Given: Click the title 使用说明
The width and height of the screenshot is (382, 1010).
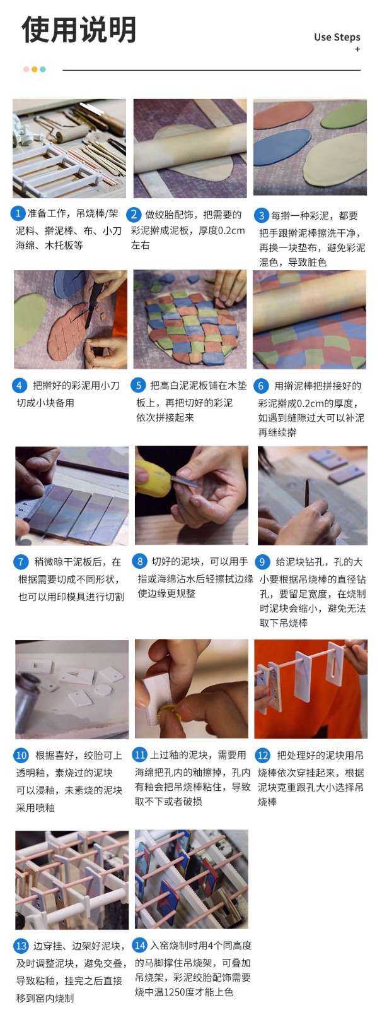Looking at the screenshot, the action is [79, 30].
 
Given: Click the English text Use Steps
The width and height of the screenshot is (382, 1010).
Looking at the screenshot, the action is [337, 37].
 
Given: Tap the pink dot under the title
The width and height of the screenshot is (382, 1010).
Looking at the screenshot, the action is [26, 69].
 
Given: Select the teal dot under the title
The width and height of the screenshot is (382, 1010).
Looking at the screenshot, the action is [43, 69].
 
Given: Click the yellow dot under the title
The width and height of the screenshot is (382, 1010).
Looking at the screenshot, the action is [35, 69].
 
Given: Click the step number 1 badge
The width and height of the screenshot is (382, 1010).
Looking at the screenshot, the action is [18, 213].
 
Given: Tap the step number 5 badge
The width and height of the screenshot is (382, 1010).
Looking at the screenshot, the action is [138, 386].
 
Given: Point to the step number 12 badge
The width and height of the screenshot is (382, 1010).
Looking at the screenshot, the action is [263, 755].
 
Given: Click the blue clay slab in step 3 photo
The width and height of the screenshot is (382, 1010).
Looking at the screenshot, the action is [282, 151].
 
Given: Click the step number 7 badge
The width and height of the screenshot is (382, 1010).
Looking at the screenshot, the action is [21, 562].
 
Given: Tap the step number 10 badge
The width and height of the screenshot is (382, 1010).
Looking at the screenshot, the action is [21, 755].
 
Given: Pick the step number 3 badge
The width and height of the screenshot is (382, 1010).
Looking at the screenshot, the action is [262, 215].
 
